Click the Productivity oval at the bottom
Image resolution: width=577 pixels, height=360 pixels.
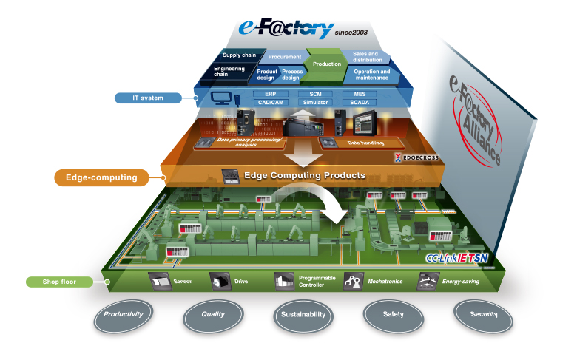(x=124, y=314)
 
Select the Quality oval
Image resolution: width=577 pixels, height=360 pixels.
(x=213, y=314)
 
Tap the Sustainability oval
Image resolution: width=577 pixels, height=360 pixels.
(x=303, y=314)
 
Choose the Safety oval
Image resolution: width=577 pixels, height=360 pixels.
(x=394, y=314)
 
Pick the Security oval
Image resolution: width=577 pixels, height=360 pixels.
(x=484, y=314)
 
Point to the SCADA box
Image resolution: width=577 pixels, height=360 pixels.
(x=359, y=102)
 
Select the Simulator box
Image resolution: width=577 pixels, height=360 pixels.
(x=314, y=102)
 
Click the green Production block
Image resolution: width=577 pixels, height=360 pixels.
(x=326, y=64)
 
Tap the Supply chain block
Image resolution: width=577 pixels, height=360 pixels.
(x=240, y=55)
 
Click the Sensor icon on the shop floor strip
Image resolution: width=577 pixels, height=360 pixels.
(x=161, y=281)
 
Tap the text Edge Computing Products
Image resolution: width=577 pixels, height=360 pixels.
(x=305, y=175)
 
